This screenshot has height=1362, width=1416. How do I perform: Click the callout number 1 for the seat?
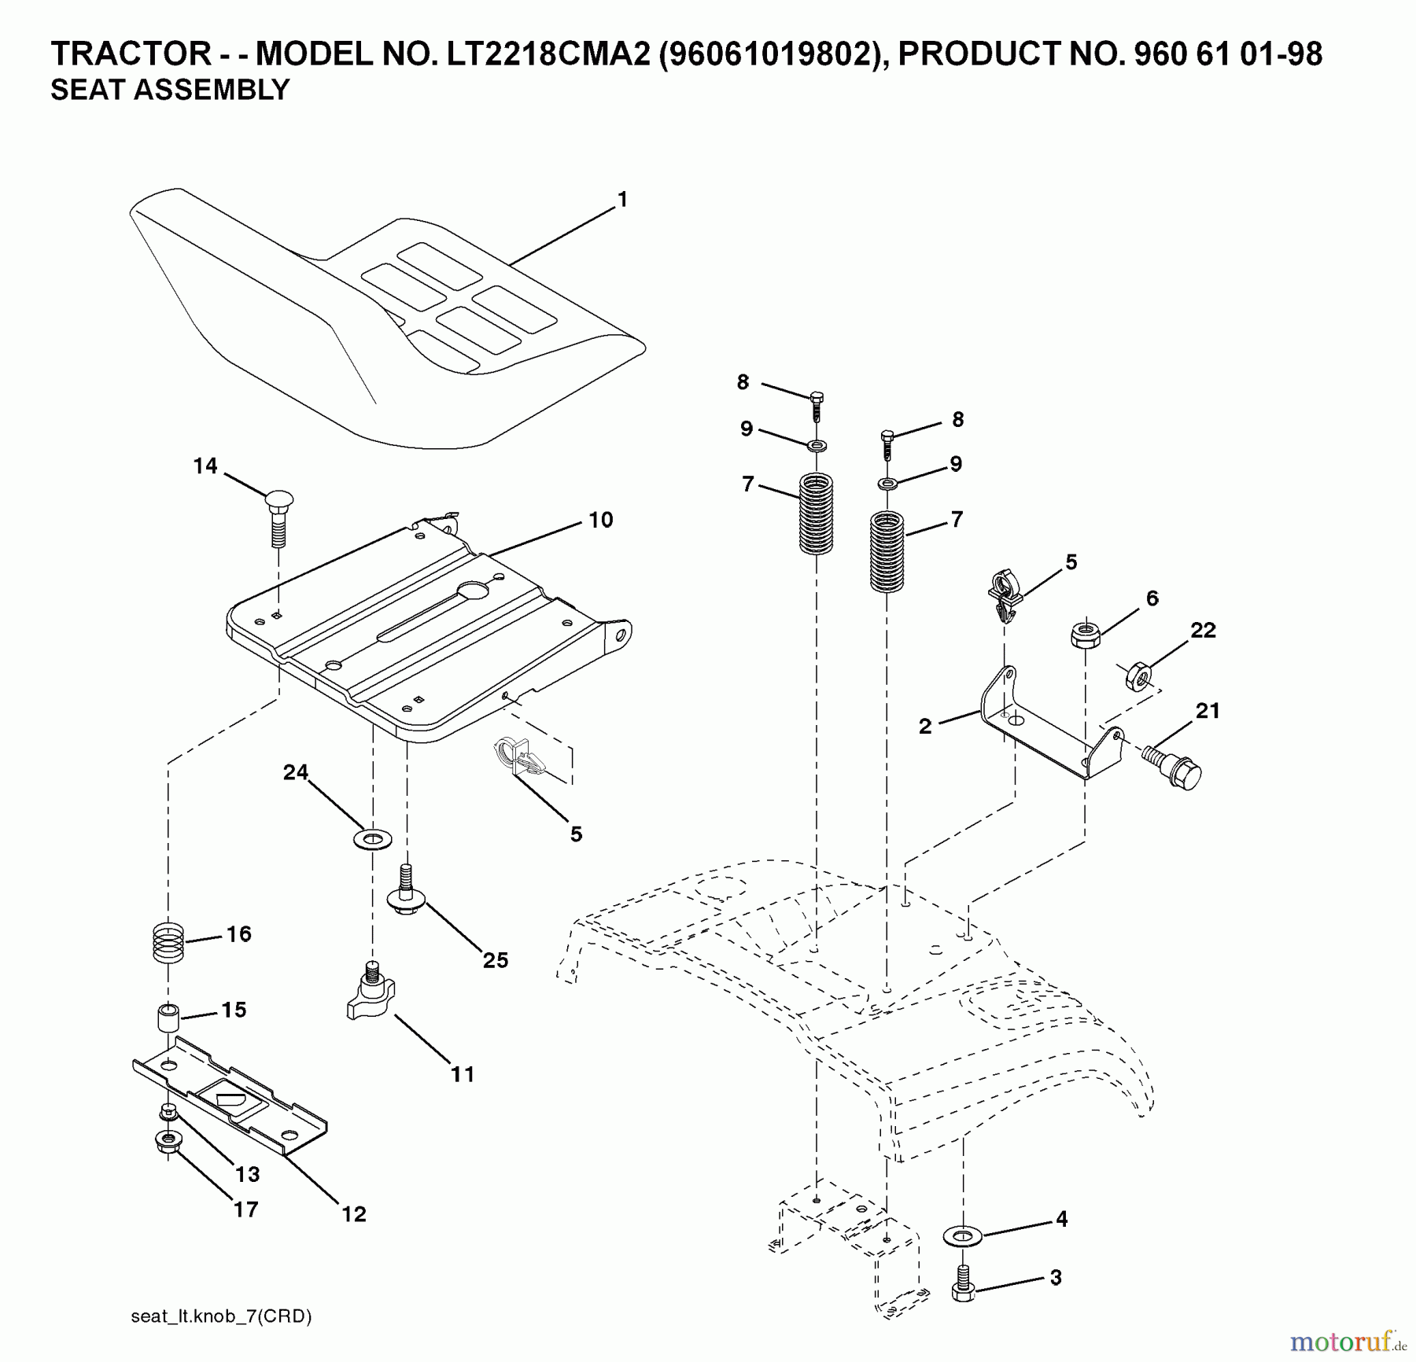(x=622, y=201)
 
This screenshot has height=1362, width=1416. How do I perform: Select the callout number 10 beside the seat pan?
(x=600, y=520)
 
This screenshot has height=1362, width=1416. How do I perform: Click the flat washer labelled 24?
(x=373, y=838)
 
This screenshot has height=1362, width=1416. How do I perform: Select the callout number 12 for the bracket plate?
(x=353, y=1214)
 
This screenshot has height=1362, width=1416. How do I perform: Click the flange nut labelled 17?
(x=165, y=1142)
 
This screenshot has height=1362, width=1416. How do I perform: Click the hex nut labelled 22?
(x=1135, y=675)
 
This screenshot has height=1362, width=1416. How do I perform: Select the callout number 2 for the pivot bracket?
(x=925, y=726)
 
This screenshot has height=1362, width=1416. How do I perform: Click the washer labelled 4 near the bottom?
(x=962, y=1237)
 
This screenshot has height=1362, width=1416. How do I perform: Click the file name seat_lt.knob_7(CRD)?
(x=221, y=1316)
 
